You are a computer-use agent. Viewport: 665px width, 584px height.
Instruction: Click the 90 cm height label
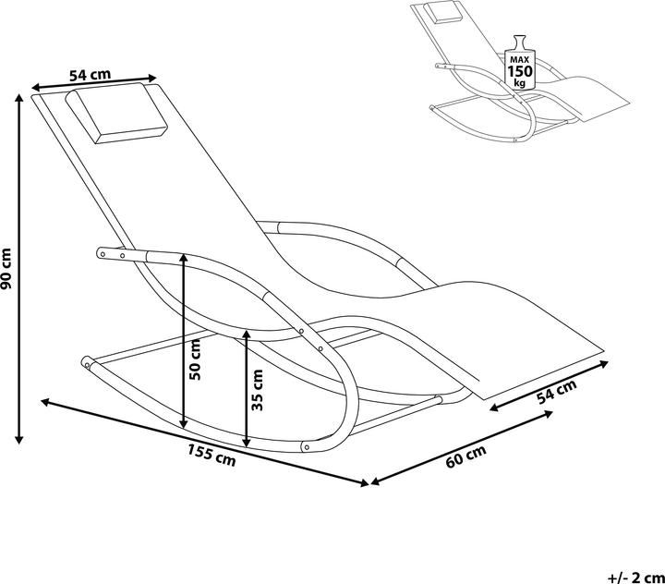(7, 268)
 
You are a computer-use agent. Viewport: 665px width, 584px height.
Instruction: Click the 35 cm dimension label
(258, 390)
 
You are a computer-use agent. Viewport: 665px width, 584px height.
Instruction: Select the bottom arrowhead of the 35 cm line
(248, 442)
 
